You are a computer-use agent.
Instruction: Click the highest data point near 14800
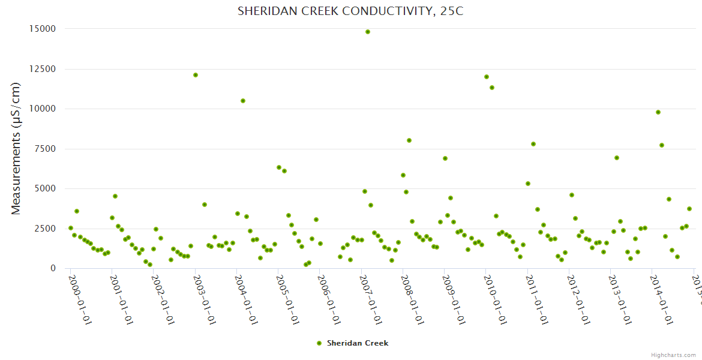coord(368,32)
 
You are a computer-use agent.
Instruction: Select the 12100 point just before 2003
coord(196,75)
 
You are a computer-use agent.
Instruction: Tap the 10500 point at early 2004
coord(243,101)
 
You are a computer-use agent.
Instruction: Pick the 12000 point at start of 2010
coord(487,77)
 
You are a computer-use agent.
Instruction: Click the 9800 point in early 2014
coord(658,112)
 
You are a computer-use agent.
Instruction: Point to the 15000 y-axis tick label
coord(43,29)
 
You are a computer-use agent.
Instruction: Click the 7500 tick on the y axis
coord(46,149)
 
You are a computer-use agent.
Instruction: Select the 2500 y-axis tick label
coord(46,229)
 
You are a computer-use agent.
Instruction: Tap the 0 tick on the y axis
coord(53,268)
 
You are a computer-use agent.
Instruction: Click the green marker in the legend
coord(319,343)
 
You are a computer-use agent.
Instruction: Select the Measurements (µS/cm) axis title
coord(16,148)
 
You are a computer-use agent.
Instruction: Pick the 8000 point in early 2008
coord(409,140)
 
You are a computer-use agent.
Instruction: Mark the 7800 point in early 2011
coord(533,144)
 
